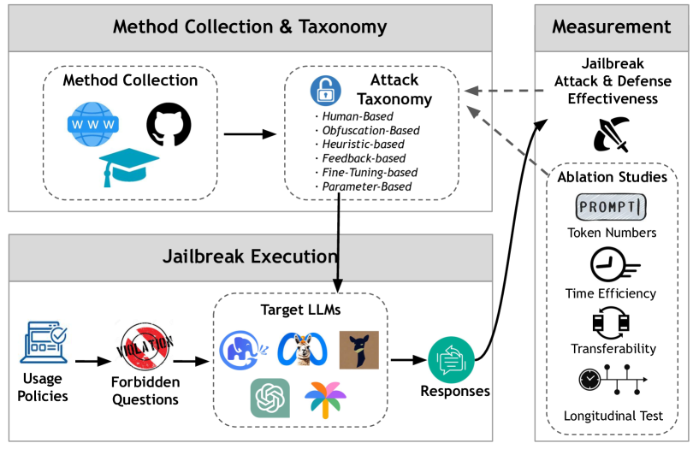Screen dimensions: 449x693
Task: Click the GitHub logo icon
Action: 167,125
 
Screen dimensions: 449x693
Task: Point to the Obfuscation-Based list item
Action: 364,130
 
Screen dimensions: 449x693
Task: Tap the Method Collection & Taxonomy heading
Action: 250,27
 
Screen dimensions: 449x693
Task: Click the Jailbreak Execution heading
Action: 250,256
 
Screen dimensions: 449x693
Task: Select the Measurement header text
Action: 611,27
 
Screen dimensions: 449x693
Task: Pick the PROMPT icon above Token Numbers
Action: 611,207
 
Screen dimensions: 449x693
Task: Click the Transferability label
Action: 611,348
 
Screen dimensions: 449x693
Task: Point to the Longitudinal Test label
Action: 613,417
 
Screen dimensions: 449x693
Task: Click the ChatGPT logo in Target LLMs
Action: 269,399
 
